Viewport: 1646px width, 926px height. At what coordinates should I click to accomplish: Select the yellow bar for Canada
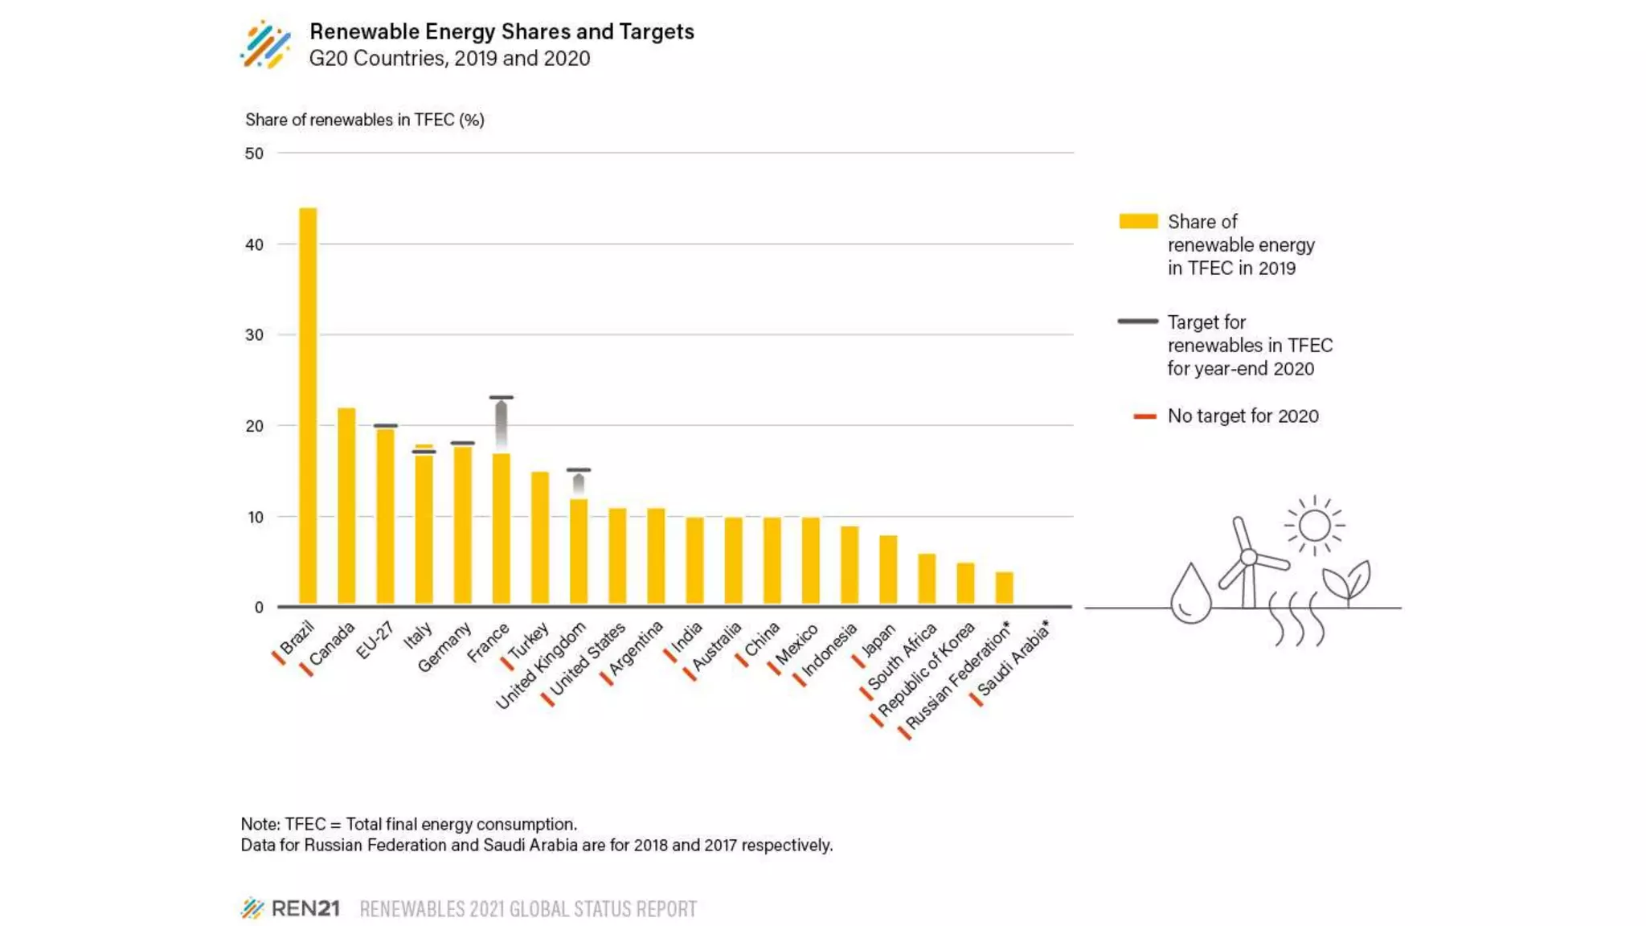(x=346, y=506)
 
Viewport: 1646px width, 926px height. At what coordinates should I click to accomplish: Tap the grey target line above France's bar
(x=501, y=397)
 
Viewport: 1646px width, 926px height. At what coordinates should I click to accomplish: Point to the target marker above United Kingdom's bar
(x=579, y=470)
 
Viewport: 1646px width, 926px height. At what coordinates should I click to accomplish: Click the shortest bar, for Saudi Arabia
(x=1004, y=588)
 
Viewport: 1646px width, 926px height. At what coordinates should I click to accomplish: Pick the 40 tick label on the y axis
(x=254, y=244)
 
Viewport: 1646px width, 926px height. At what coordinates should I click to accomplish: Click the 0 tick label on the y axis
(x=259, y=608)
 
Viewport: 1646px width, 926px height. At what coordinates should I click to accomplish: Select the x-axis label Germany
(x=444, y=647)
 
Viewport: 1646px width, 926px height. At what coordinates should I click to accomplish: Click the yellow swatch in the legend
(x=1138, y=221)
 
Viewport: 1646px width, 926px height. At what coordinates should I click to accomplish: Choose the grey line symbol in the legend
(x=1138, y=322)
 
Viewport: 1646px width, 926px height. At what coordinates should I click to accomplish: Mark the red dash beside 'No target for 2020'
(x=1144, y=416)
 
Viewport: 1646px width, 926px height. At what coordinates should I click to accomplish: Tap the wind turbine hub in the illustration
(x=1248, y=557)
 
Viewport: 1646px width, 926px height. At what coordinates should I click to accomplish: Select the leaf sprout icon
(x=1348, y=581)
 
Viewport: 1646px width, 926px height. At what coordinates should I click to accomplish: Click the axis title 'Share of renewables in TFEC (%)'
(x=364, y=120)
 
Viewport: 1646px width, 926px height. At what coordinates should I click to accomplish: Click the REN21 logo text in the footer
(x=305, y=908)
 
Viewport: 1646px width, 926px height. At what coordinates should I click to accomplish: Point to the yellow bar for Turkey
(x=540, y=538)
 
